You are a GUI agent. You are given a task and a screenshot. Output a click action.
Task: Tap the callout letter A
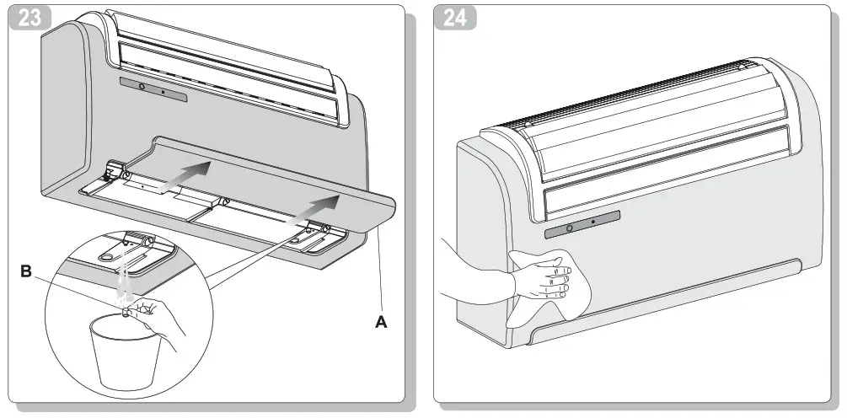pos(381,321)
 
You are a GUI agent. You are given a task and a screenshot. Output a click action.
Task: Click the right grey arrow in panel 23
pos(317,206)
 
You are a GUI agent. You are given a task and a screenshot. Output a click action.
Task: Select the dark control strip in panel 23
pos(153,88)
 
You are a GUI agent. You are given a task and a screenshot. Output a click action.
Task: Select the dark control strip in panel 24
pos(582,224)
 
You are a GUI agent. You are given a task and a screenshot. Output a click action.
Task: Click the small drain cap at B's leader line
pos(127,311)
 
